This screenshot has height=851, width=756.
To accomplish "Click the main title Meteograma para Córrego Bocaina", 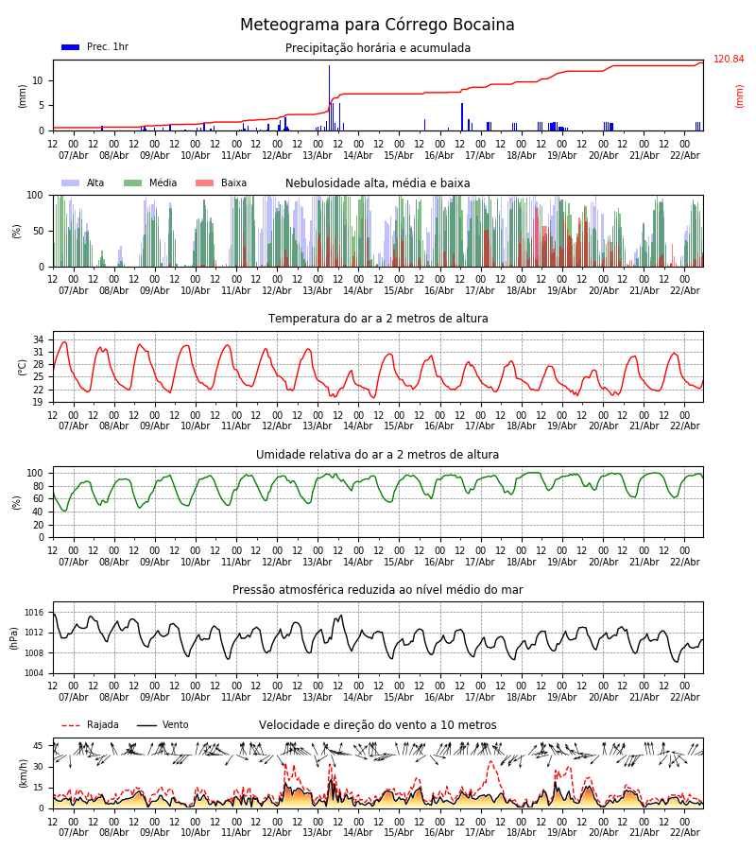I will (x=377, y=25).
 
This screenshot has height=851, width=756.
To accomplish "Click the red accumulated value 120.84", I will (x=729, y=60).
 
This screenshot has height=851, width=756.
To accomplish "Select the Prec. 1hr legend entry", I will (x=94, y=47).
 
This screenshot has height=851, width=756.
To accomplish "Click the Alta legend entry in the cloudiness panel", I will (x=83, y=183).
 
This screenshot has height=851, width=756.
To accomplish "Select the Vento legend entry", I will (x=163, y=725).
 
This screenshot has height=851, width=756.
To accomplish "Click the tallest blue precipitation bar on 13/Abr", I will (x=329, y=95).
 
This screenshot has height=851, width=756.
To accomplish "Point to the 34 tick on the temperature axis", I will (x=39, y=339).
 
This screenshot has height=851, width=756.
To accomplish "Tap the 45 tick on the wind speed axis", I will (x=39, y=746).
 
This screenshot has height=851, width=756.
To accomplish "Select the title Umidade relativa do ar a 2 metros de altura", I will (x=377, y=455).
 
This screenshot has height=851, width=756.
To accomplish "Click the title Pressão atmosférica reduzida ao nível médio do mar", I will (x=377, y=590).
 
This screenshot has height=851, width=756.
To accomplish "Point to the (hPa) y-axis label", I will (x=14, y=637).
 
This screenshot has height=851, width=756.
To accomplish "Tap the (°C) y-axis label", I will (x=23, y=366).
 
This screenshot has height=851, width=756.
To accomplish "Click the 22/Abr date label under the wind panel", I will (x=684, y=832).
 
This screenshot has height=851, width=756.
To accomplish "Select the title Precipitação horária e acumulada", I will (x=377, y=48).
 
